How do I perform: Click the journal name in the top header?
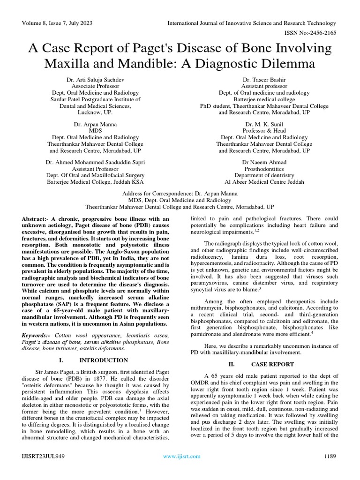(x=252, y=23)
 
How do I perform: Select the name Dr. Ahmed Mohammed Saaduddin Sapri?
(x=95, y=162)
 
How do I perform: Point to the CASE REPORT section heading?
(x=272, y=364)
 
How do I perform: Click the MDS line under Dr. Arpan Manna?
(x=95, y=130)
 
